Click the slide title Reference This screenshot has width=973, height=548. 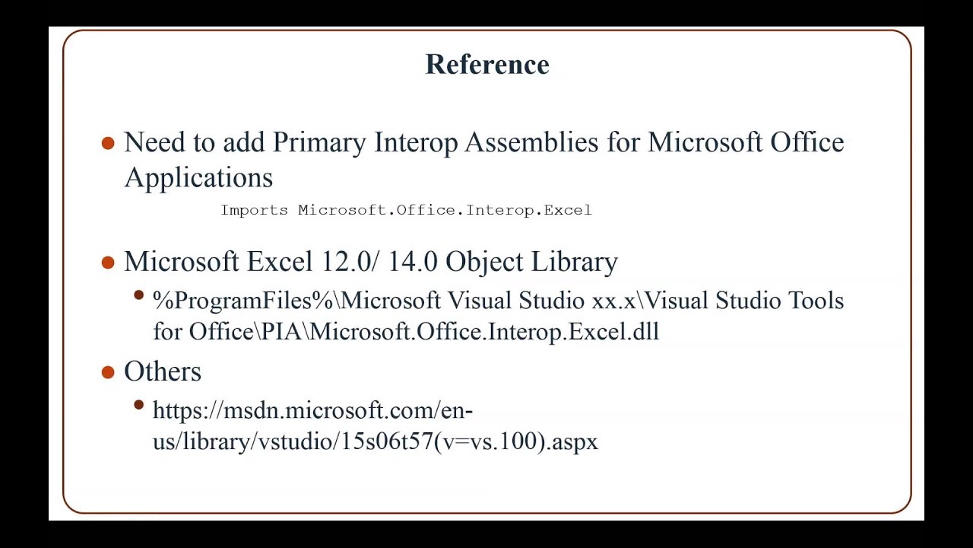point(486,65)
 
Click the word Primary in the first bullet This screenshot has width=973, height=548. point(319,142)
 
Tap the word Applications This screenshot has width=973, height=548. point(198,177)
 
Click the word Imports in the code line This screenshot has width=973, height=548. point(254,210)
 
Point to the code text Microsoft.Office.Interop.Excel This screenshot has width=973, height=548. point(445,210)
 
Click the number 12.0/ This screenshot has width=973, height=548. point(350,262)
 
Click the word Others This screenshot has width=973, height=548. point(163,371)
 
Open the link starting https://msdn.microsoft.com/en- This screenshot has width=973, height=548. point(312,411)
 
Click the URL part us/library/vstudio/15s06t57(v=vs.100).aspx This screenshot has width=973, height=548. point(376,441)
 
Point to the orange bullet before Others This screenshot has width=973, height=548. point(108,372)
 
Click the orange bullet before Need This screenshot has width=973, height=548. point(108,143)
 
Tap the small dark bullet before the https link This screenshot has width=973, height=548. point(138,406)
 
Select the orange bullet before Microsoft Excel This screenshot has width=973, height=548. point(108,263)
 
